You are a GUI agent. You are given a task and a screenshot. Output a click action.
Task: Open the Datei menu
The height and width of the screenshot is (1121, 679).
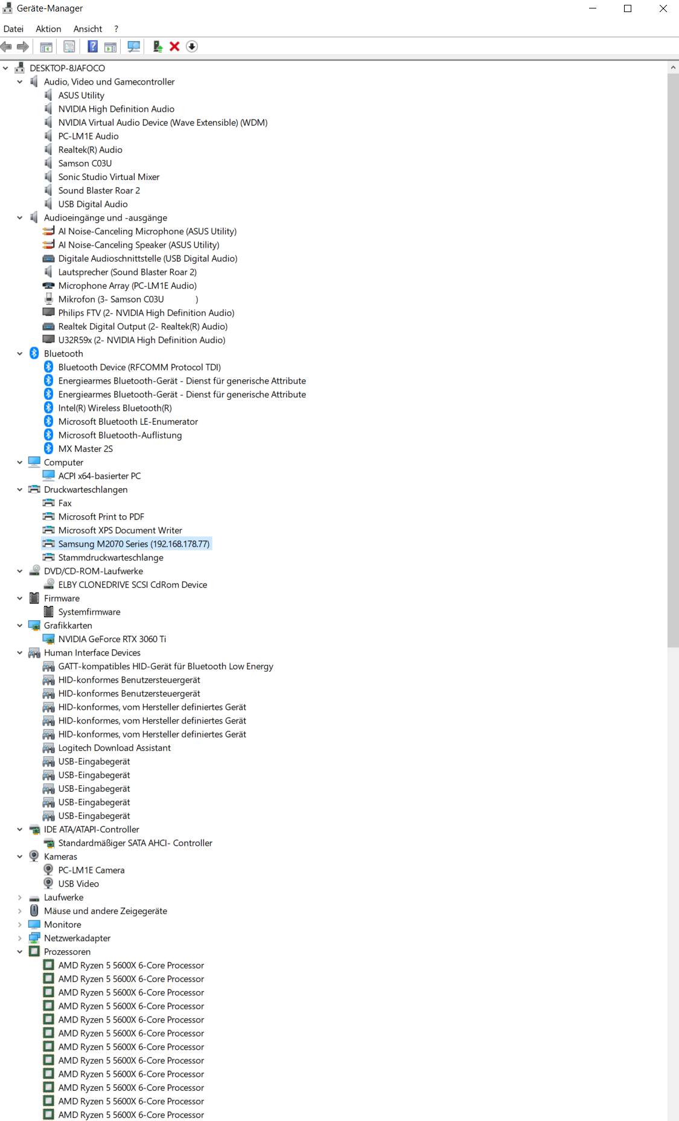[x=13, y=29]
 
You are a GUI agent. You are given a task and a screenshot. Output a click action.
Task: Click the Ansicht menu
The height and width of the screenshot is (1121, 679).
[x=88, y=29]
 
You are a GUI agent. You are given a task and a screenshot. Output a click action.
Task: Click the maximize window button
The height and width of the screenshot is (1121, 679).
[x=628, y=8]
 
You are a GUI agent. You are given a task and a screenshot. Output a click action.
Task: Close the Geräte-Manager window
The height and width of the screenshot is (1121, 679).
[x=663, y=8]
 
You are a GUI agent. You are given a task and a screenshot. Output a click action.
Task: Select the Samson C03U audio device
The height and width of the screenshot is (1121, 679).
[x=84, y=163]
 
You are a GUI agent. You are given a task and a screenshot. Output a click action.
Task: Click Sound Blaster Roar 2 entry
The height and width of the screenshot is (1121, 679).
[x=99, y=190]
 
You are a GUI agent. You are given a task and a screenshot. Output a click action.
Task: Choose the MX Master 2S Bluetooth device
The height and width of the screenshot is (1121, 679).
[x=85, y=449]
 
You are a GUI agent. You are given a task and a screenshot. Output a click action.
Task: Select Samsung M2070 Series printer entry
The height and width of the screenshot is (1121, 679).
[x=133, y=544]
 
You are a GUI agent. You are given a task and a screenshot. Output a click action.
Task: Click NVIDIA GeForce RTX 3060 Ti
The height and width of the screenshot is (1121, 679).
[x=112, y=639]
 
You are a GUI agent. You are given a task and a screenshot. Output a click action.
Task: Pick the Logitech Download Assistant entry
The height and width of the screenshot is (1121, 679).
[x=114, y=748]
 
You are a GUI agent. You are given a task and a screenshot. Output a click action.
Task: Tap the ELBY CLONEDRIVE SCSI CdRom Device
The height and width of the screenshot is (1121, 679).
[x=132, y=585]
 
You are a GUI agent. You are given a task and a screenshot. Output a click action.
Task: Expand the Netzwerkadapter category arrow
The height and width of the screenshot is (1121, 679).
[x=20, y=938]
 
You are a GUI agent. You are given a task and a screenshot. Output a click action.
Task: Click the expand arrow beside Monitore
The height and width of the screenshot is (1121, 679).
[x=20, y=925]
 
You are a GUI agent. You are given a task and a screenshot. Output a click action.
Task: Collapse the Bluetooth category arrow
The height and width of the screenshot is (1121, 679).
[x=20, y=353]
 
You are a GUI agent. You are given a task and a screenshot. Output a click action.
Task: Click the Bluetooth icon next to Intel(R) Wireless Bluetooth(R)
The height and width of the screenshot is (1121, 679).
[x=49, y=408]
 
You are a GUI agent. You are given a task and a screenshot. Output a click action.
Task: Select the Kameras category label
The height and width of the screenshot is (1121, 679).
[x=60, y=856]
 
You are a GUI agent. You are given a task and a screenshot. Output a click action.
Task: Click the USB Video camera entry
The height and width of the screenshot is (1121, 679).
[x=78, y=884]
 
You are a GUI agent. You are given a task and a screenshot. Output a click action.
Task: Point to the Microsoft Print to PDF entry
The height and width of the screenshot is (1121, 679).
[x=101, y=516]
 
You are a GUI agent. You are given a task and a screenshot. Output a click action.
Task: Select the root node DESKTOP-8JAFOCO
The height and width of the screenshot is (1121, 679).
[x=67, y=68]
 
